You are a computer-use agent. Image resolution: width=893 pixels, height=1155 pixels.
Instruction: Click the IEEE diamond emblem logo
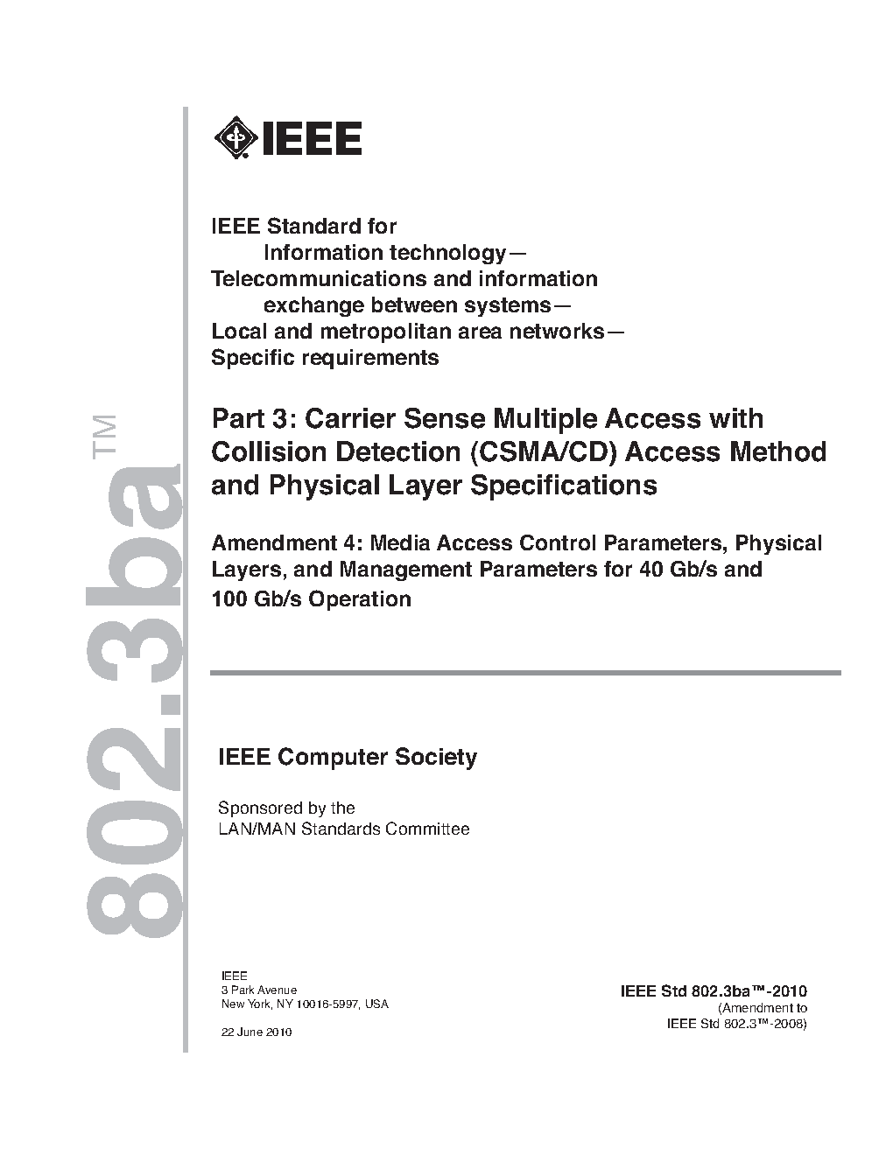234,138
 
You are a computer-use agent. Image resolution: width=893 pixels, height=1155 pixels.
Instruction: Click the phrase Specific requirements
325,357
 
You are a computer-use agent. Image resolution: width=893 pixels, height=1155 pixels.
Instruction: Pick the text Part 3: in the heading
253,418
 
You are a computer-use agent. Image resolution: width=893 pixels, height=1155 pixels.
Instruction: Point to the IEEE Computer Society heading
347,757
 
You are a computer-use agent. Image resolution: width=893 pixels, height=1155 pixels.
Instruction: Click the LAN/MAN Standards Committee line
343,829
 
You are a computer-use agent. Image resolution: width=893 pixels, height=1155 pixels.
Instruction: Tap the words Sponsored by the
286,808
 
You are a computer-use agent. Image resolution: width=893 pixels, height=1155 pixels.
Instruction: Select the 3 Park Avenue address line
258,990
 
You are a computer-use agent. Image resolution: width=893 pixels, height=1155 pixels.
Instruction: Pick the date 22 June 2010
257,1032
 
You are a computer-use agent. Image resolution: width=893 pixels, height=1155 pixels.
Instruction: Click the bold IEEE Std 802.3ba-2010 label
713,991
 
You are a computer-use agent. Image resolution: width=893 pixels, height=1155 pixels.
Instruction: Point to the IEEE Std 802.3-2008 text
735,1023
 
